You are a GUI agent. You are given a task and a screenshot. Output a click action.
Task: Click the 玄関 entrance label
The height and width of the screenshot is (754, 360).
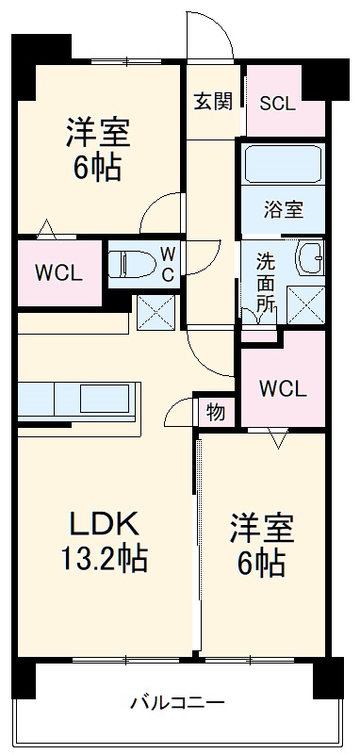pos(213,102)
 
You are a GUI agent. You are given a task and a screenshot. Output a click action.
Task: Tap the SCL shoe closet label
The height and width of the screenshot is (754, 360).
pos(277,103)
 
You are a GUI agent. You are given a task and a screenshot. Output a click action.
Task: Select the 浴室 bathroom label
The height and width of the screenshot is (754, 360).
pos(282,210)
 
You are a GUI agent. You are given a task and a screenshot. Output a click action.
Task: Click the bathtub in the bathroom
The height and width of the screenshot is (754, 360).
pos(282,166)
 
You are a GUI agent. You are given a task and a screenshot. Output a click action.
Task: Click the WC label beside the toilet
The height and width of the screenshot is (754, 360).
pos(166,264)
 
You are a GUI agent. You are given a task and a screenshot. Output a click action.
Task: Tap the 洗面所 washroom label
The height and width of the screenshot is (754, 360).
pos(267,281)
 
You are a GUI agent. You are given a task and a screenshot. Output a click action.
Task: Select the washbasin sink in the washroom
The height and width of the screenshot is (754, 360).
pos(308,256)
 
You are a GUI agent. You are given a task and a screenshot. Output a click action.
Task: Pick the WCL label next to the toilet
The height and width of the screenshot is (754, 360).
pos(59,274)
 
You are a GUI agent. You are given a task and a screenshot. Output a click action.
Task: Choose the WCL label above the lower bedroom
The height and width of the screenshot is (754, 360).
pos(283,388)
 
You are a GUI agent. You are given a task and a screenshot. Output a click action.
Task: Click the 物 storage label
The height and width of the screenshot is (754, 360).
pos(216,411)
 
